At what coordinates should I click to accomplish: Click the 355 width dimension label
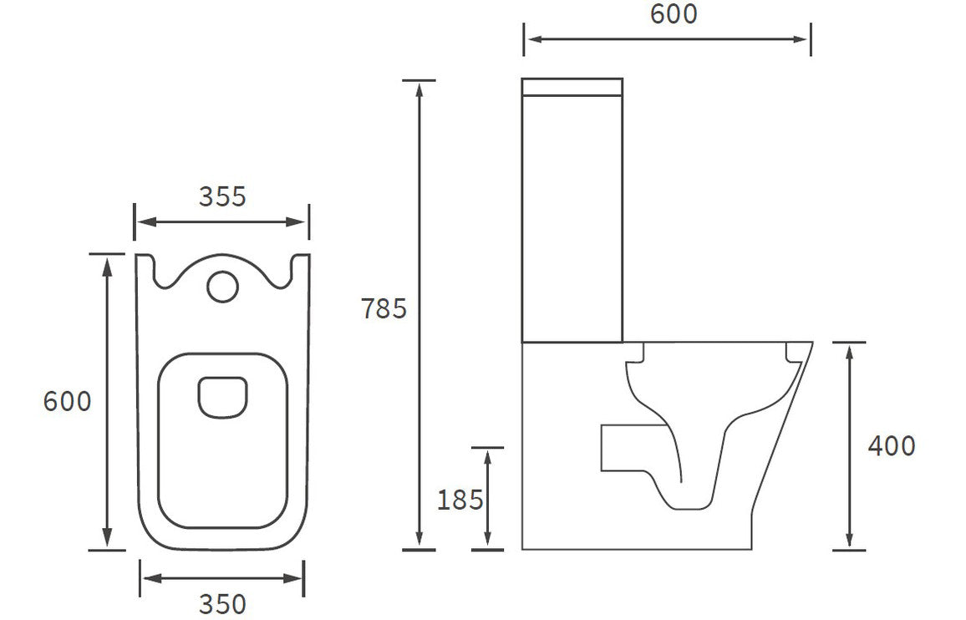[x=222, y=196]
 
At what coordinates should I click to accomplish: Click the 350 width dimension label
[x=222, y=603]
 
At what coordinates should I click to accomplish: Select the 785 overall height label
[x=384, y=309]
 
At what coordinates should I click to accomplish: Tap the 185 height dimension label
[x=460, y=500]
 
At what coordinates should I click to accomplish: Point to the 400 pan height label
[x=891, y=446]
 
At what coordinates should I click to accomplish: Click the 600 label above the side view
[x=673, y=14]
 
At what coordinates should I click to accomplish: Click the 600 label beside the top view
[x=68, y=402]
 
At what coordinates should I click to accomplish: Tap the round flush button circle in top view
[x=222, y=285]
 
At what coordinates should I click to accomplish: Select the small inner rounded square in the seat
[x=223, y=396]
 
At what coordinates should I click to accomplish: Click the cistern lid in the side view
[x=572, y=86]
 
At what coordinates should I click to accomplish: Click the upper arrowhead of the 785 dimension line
[x=419, y=88]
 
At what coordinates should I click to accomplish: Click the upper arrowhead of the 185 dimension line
[x=487, y=455]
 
